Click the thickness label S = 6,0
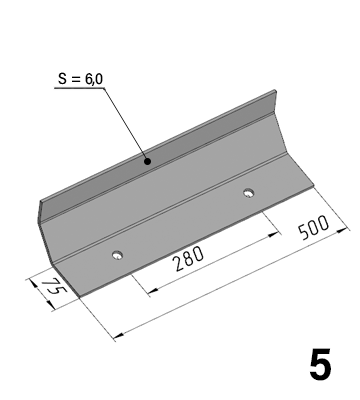[x=80, y=79]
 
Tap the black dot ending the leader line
[x=147, y=162]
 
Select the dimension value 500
[x=313, y=228]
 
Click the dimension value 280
[x=189, y=259]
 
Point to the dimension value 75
[x=53, y=286]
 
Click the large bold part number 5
[x=320, y=364]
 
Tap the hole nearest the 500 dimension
[x=248, y=193]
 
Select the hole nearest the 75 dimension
[x=117, y=255]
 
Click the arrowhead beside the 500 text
[x=341, y=230]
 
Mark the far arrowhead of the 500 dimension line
[x=118, y=336]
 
